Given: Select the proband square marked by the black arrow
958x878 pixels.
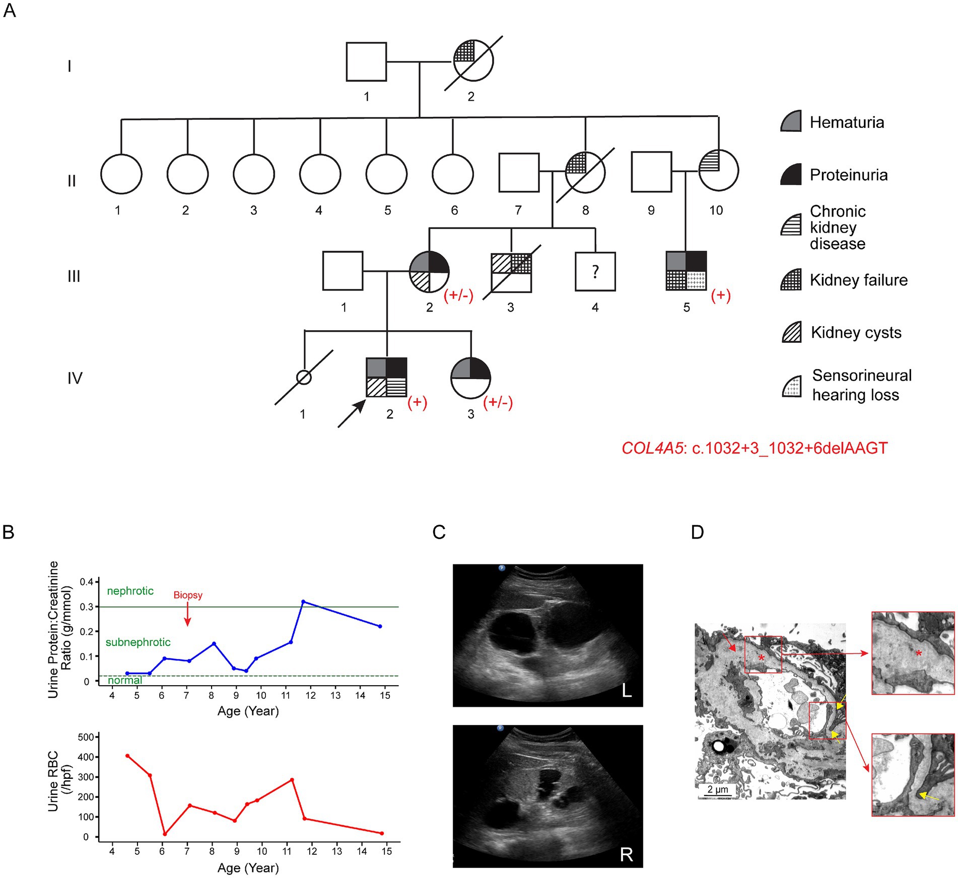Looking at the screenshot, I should tap(386, 378).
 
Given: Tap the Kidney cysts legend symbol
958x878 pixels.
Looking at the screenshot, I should tap(791, 332).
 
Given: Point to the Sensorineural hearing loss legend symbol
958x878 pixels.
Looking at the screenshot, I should tap(792, 386).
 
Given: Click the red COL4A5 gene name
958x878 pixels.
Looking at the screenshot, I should tap(652, 448).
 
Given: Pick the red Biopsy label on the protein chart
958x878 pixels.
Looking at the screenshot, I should tap(188, 595).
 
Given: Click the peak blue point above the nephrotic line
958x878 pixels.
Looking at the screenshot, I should tap(303, 602).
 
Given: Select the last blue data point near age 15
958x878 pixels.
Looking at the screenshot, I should tap(380, 626).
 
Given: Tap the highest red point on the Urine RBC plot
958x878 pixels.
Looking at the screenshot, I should tap(127, 756).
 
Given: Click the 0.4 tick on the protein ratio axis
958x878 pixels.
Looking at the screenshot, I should tap(87, 582).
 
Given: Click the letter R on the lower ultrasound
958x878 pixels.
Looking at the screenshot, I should tap(626, 854).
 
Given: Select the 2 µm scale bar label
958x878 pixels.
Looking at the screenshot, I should tap(718, 789).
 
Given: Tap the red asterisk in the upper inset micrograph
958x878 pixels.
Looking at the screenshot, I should tap(919, 653).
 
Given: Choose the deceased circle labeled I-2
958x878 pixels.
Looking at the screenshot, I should tap(473, 61).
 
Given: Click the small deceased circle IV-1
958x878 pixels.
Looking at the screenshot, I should tap(304, 377).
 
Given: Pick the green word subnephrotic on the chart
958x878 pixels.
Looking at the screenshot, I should tap(138, 642).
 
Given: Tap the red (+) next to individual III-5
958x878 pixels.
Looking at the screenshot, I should tap(720, 296).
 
